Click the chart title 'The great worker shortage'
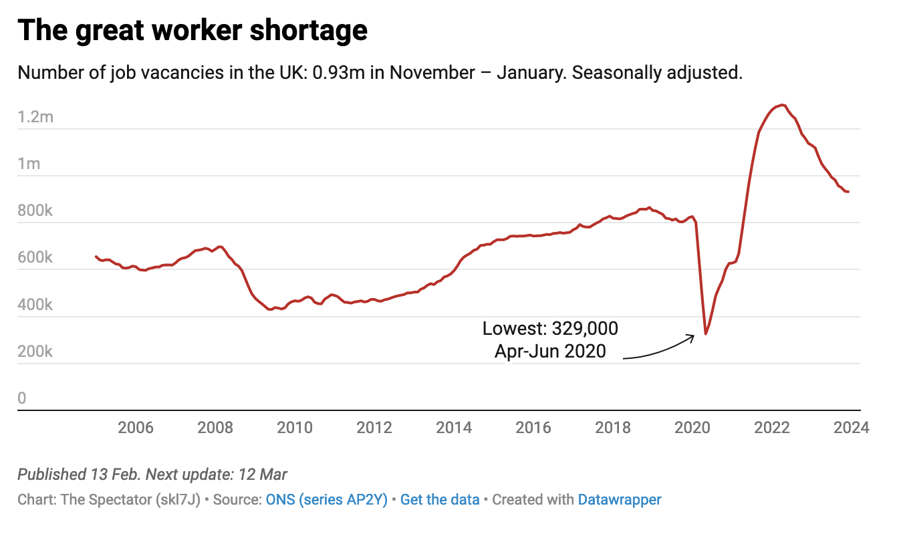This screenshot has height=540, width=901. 192,31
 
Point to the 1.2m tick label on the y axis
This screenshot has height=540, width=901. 35,118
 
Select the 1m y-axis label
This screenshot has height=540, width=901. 29,164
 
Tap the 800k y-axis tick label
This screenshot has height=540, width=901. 35,211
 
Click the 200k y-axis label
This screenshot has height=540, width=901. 35,352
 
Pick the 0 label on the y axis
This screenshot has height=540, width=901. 22,398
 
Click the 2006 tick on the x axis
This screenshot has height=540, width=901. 136,428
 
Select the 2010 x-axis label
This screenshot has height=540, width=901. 295,428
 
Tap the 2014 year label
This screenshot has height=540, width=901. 454,428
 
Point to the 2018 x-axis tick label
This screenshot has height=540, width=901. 613,428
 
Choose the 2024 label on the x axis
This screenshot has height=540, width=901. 851,428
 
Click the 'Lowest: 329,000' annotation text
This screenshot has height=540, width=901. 550,329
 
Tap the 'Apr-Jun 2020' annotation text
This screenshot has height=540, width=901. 550,351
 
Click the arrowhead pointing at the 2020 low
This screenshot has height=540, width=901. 693,337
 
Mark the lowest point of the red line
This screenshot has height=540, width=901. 705,334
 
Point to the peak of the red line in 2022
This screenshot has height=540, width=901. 782,105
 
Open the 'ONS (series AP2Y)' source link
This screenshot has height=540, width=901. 327,499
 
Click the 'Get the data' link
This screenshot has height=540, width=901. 440,499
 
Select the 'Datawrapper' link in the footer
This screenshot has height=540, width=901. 620,499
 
